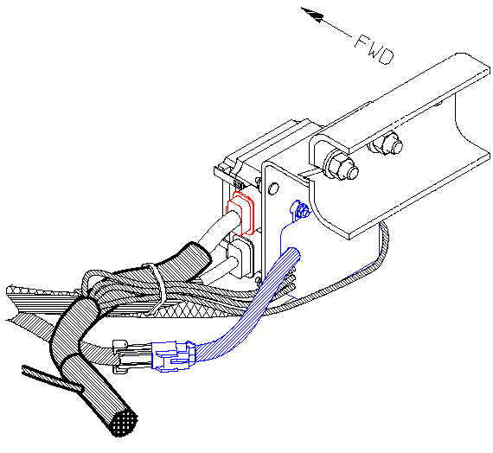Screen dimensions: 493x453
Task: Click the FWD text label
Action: tap(375, 49)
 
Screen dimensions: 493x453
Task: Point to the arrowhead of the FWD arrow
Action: tap(313, 15)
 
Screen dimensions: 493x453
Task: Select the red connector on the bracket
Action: tap(240, 214)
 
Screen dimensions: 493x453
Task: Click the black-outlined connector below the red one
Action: tap(240, 257)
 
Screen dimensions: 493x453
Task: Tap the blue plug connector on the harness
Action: tap(173, 356)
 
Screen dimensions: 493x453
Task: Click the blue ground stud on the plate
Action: tap(299, 210)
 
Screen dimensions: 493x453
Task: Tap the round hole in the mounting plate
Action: tap(273, 188)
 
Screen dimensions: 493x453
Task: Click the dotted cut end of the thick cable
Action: tap(125, 422)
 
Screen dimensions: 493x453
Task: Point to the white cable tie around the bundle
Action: tap(157, 289)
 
